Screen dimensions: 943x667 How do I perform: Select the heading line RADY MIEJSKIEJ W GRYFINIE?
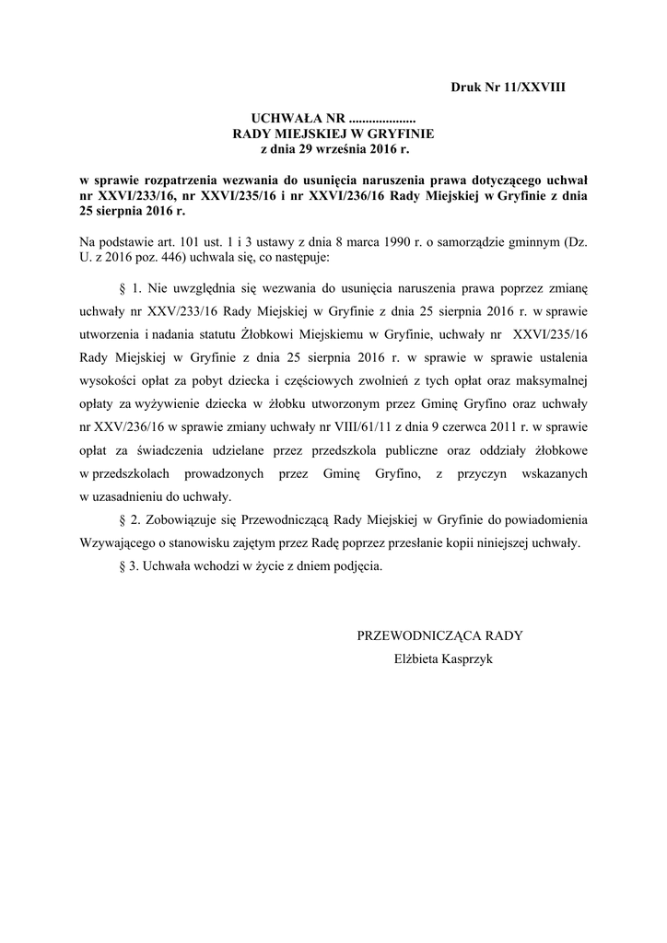point(334,133)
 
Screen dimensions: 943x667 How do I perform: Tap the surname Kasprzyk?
point(466,658)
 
